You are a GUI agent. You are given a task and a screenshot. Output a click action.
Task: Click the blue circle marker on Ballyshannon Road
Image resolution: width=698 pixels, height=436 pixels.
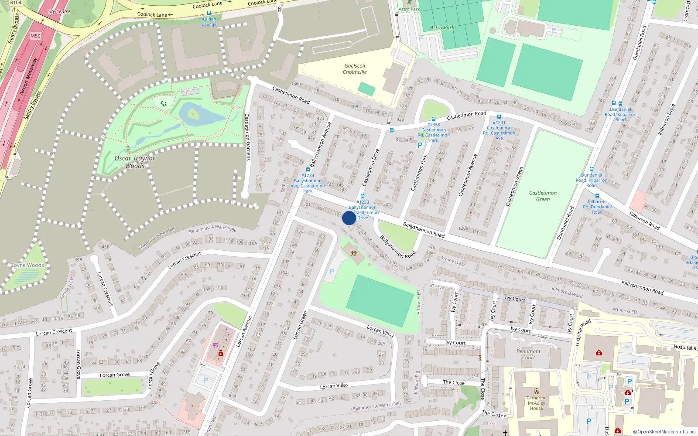click(349, 218)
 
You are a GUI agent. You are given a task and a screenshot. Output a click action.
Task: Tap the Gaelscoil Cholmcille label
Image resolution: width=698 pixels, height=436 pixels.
click(355, 69)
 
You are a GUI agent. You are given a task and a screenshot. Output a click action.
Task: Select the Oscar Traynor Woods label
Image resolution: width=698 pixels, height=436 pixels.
click(134, 162)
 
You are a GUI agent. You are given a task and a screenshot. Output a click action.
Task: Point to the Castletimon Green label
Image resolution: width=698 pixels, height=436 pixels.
click(543, 196)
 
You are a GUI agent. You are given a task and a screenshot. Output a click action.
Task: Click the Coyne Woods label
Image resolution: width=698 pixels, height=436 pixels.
click(27, 265)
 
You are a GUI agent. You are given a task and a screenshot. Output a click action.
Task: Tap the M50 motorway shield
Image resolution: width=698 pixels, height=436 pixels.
click(35, 36)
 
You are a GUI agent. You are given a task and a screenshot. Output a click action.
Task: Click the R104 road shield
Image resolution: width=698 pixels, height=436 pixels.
click(16, 3)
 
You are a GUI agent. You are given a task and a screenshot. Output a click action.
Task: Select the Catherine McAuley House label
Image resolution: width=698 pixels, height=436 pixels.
click(536, 403)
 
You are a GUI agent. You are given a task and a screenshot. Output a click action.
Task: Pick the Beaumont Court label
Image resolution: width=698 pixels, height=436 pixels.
click(528, 354)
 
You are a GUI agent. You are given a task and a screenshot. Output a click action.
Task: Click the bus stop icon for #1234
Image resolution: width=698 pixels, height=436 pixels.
click(308, 170)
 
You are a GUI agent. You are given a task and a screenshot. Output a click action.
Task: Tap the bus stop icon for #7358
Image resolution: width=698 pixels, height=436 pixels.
click(433, 119)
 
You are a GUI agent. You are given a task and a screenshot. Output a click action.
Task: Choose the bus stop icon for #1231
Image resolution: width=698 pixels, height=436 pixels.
click(499, 117)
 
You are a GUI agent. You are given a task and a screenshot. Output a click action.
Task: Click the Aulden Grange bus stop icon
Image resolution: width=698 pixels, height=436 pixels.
click(209, 14)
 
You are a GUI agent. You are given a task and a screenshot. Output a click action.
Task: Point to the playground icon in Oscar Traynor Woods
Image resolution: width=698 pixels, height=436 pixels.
click(164, 103)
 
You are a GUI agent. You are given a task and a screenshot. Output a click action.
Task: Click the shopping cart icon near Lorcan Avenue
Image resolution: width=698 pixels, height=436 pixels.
click(216, 345)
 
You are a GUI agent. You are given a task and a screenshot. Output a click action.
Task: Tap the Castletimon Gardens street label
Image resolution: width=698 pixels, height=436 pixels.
click(247, 137)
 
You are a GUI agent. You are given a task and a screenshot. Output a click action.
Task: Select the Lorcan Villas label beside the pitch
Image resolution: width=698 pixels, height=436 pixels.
click(380, 331)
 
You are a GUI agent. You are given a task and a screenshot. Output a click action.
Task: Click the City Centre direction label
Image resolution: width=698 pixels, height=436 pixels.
click(58, 11)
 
